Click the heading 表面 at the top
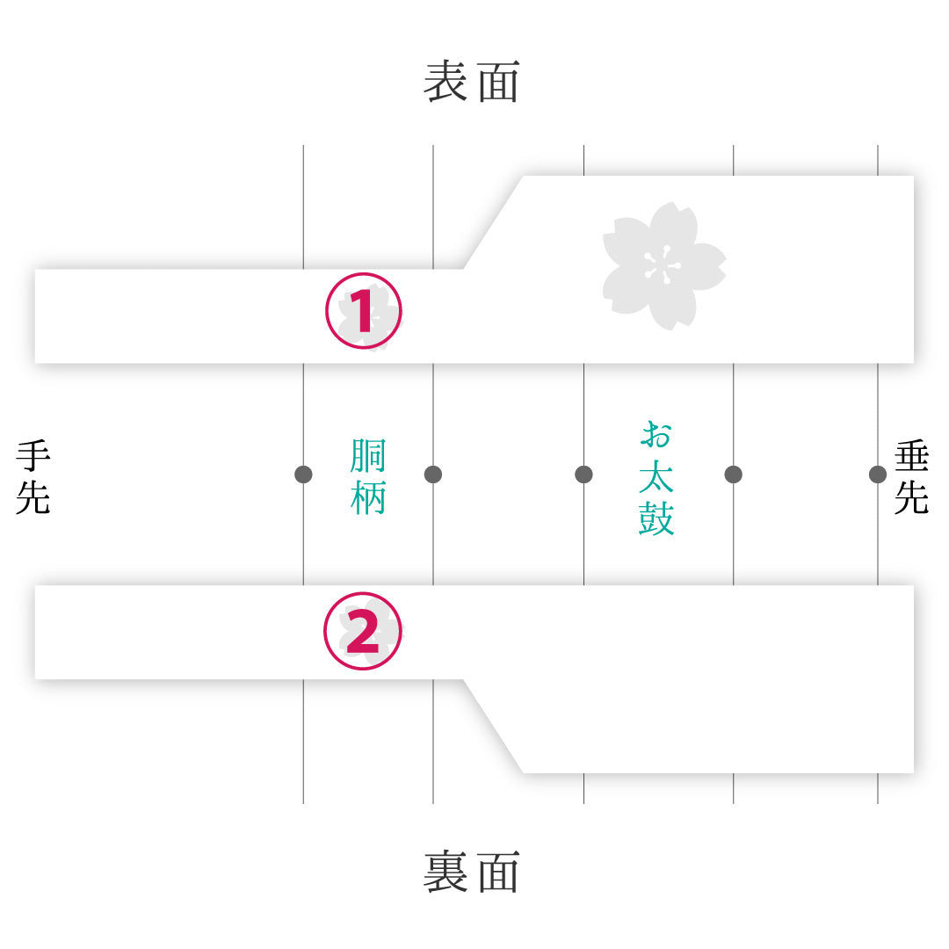tap(472, 81)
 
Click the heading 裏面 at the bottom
tap(472, 872)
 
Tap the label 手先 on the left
tap(33, 477)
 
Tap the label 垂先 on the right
tap(911, 477)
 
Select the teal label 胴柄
tap(368, 477)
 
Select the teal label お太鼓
tap(656, 478)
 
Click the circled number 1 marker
tap(364, 311)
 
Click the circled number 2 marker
tap(363, 631)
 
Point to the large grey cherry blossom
tap(664, 265)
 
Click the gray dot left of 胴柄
tap(303, 474)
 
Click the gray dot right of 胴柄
tap(433, 474)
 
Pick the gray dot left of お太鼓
tap(583, 474)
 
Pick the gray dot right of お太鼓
tap(734, 474)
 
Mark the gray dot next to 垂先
tap(878, 474)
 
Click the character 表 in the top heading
tap(446, 81)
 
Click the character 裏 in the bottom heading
tap(446, 872)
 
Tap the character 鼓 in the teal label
tap(656, 518)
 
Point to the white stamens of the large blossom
tap(663, 265)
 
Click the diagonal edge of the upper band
tap(493, 222)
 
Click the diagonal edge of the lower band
tap(493, 727)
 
